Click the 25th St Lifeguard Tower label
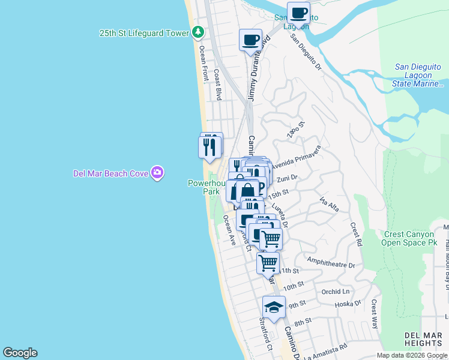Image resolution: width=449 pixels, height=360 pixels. (x=144, y=34)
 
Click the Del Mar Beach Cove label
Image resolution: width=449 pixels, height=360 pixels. (x=110, y=173)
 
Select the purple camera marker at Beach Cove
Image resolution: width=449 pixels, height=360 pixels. (x=157, y=173)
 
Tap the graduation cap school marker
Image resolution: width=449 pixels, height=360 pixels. (x=274, y=308)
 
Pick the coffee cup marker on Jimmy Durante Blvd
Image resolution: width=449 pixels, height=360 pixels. (x=250, y=40)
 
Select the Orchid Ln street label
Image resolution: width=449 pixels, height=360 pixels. (x=336, y=292)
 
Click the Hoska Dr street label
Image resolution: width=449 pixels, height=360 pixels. (x=349, y=304)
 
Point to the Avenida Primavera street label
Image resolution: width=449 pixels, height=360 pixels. (x=297, y=157)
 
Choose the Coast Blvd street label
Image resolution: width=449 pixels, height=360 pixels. (x=217, y=88)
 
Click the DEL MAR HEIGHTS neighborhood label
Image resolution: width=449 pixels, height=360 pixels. (x=424, y=338)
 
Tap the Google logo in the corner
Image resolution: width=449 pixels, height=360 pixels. (x=20, y=353)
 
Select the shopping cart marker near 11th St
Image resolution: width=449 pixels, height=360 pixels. (x=268, y=262)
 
